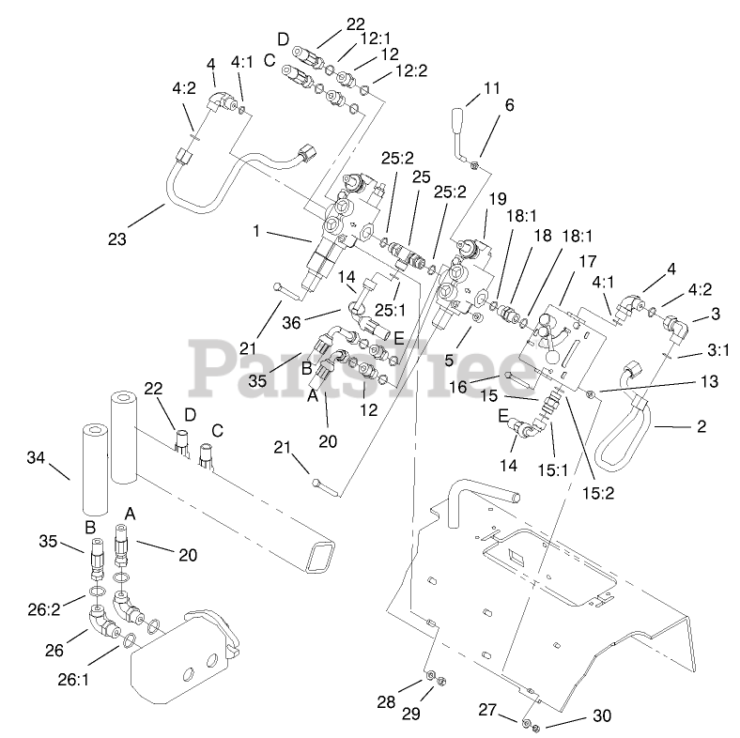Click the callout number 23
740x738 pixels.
[x=117, y=238]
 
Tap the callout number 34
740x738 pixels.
[x=36, y=457]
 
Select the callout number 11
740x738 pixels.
[x=492, y=87]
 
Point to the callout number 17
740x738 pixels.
[x=588, y=261]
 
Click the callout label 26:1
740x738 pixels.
[x=73, y=680]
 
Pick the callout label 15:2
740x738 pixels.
[x=598, y=493]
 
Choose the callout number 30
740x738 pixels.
[x=602, y=715]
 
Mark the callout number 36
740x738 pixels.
[x=291, y=323]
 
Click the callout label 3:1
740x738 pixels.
[x=718, y=349]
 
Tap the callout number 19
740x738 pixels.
[x=498, y=199]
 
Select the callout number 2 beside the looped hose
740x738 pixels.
[x=701, y=426]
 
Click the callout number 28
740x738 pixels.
[x=386, y=702]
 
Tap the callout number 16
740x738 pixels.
[x=457, y=387]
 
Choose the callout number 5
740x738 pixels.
[x=449, y=360]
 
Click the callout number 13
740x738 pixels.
[x=709, y=381]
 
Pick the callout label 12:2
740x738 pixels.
[x=411, y=70]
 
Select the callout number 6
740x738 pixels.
[x=509, y=105]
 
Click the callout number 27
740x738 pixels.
[x=488, y=710]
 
